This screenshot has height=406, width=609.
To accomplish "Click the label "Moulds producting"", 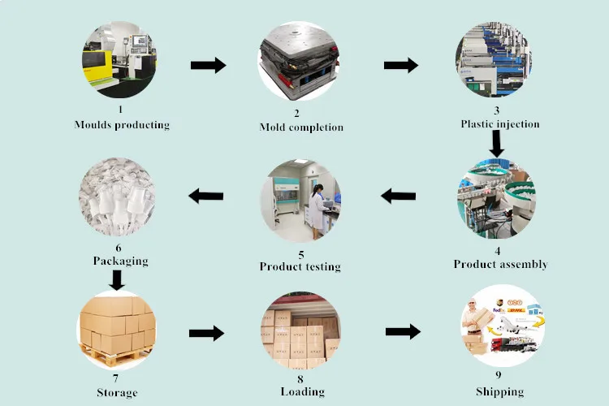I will [x=122, y=125].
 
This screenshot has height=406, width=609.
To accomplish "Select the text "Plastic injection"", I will [x=499, y=124].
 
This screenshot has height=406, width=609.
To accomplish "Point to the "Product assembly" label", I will [x=499, y=265].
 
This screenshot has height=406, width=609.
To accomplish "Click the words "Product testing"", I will [x=300, y=266].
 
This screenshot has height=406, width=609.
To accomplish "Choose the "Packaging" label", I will [x=120, y=261].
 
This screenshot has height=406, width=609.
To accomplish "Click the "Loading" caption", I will [x=302, y=391].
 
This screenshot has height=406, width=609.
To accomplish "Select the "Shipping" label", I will [x=499, y=391].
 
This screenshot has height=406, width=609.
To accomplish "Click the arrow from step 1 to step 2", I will [x=209, y=66].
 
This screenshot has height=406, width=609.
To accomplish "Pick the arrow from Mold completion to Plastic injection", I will [x=400, y=66].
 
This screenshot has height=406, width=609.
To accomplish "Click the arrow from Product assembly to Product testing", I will [x=399, y=196].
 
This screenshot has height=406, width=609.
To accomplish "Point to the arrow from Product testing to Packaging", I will [x=206, y=196].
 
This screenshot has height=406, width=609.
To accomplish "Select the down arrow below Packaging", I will [x=117, y=280].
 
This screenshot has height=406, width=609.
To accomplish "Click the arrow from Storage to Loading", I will [x=206, y=333].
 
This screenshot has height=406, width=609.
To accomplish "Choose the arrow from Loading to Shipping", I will [x=403, y=331].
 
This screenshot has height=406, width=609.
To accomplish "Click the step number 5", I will [x=300, y=254].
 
